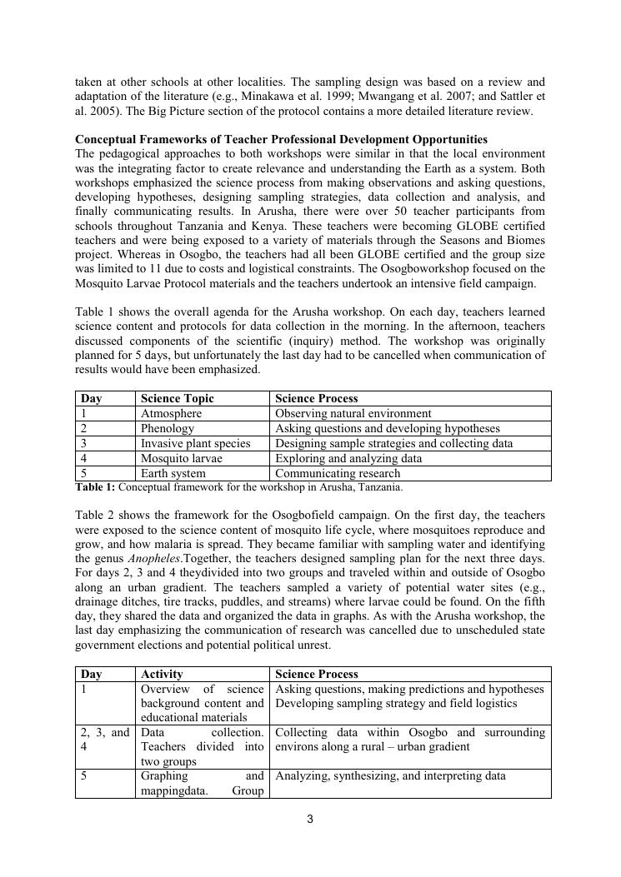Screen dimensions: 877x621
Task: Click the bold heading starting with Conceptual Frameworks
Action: (281, 139)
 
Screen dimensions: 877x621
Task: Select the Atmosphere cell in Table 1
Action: (171, 413)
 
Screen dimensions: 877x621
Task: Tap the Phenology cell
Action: (167, 428)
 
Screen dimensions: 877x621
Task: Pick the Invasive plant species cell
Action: (195, 443)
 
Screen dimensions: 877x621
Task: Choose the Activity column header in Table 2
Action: (162, 674)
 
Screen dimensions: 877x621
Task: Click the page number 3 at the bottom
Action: (310, 819)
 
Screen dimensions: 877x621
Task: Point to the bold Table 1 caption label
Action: (95, 486)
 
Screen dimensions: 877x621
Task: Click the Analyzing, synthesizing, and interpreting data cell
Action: (390, 775)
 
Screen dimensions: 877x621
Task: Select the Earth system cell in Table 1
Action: (173, 473)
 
